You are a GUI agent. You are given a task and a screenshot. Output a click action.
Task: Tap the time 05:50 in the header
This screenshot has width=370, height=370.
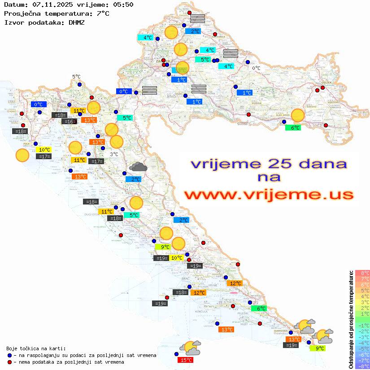(x=123, y=4)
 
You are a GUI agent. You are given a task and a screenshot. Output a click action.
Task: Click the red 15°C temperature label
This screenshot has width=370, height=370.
(x=186, y=360)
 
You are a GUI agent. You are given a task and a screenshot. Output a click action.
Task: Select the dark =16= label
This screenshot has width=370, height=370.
(x=69, y=122)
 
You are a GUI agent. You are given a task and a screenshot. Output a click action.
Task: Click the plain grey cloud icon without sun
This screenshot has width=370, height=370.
(x=138, y=167)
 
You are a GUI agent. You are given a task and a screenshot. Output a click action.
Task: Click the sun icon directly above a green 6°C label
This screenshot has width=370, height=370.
(x=297, y=115)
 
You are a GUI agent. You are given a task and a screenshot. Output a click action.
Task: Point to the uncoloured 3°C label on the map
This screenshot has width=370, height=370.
(x=114, y=154)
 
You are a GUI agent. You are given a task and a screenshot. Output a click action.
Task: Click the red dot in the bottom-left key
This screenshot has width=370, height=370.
(x=10, y=362)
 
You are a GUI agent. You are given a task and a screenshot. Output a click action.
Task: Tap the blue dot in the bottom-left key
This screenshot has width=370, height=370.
(x=10, y=355)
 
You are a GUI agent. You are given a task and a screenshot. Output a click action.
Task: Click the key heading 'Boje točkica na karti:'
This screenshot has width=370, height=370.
(x=36, y=348)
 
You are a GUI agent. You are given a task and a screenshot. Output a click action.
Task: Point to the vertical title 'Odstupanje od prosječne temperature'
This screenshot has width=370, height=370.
(x=350, y=319)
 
